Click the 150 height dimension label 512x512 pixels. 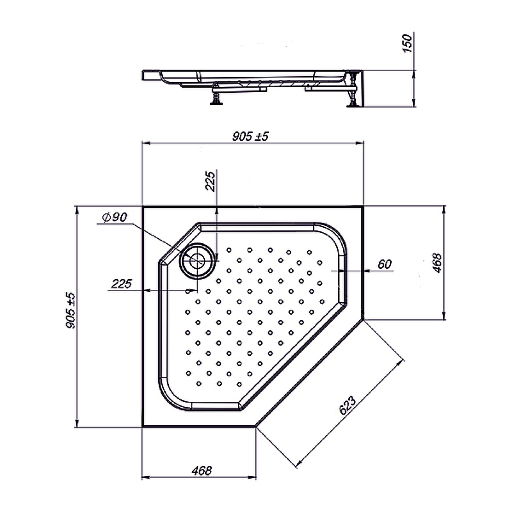tap(408, 43)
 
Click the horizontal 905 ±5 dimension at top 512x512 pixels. tap(250, 136)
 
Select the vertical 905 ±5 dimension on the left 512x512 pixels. tap(70, 310)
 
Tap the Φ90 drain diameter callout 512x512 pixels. tap(115, 217)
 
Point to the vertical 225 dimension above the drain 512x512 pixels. tap(211, 181)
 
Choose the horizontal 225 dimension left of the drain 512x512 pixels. tap(121, 284)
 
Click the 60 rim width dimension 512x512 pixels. tap(385, 264)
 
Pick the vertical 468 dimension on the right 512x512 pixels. tap(437, 263)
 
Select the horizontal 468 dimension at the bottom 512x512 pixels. tap(202, 470)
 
